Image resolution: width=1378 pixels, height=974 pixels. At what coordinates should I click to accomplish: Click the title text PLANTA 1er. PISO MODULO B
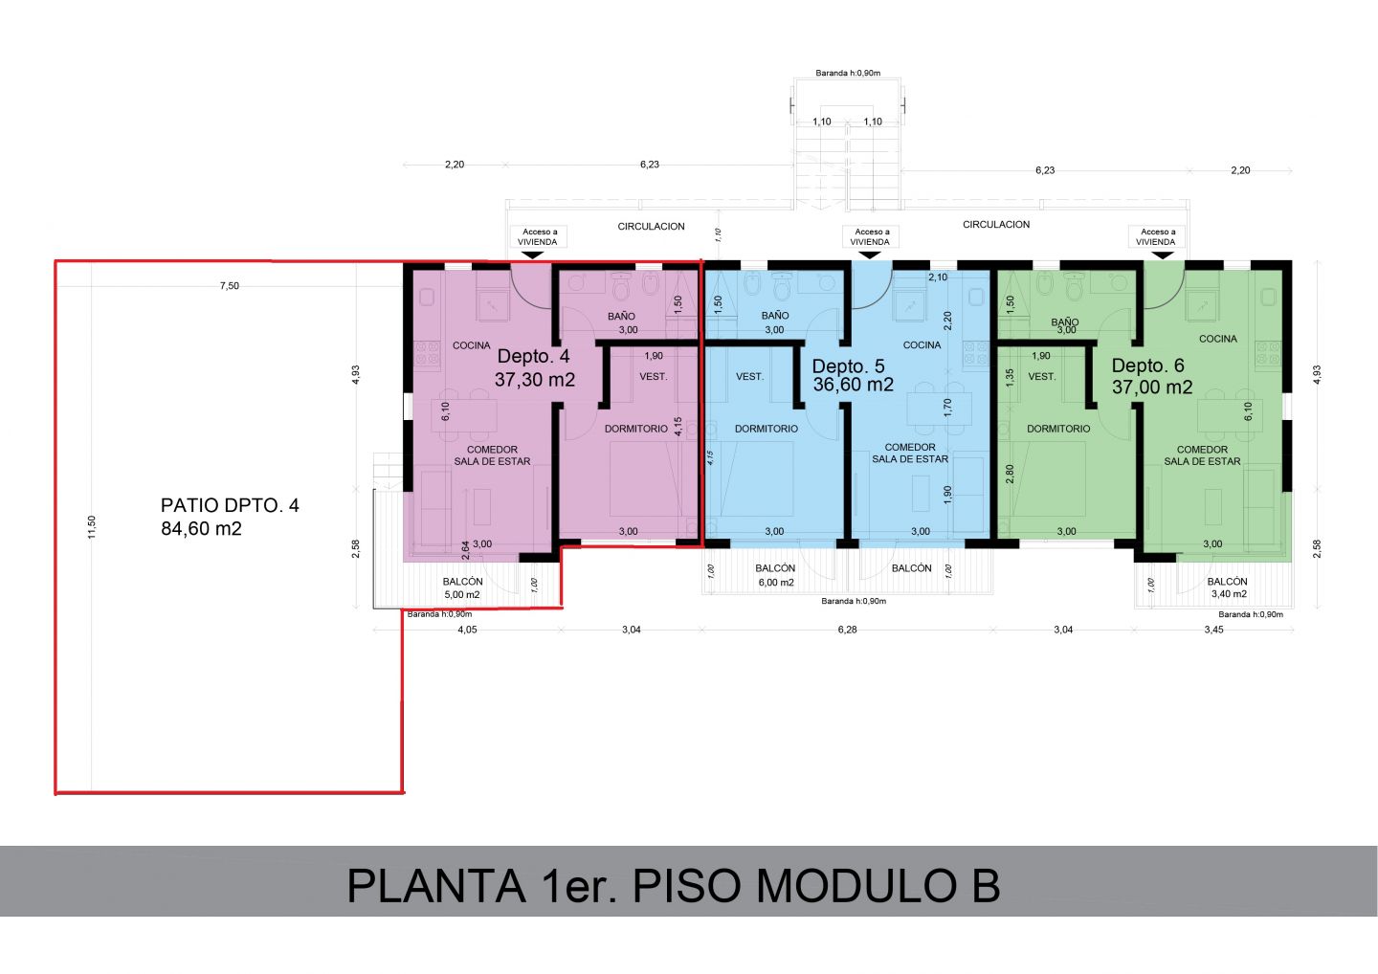[674, 886]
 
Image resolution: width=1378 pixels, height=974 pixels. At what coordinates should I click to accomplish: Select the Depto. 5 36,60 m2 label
[853, 375]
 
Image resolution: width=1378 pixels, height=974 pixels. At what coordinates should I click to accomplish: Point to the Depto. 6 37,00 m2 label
[1151, 376]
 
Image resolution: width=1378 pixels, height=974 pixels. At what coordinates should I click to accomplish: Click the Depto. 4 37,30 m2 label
[535, 367]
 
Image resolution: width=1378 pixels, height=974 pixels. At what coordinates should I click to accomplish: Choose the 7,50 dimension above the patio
[230, 286]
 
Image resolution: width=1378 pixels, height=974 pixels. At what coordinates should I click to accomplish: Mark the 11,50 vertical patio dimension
[92, 527]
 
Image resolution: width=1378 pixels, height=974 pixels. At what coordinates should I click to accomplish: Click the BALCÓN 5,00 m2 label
[462, 587]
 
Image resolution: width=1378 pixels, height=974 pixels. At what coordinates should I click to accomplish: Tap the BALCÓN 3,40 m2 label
[1228, 587]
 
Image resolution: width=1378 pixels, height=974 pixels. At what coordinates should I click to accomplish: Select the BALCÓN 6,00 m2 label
[776, 575]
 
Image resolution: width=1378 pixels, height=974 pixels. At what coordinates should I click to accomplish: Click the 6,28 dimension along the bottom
[847, 630]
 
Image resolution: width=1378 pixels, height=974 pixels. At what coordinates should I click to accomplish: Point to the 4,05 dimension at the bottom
[467, 630]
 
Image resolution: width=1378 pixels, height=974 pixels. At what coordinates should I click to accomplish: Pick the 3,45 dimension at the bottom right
[1213, 630]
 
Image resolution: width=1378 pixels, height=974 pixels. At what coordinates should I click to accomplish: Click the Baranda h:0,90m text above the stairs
[848, 73]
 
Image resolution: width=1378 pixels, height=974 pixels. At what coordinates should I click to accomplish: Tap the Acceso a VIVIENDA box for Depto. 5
[870, 236]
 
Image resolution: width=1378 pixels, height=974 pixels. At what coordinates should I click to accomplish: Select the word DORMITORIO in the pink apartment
[636, 429]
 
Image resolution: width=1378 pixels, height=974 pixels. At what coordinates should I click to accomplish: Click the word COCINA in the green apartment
[1218, 339]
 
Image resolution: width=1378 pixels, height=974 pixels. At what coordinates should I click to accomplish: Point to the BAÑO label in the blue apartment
[775, 316]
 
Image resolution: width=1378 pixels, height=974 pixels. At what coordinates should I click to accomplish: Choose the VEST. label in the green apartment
[1041, 376]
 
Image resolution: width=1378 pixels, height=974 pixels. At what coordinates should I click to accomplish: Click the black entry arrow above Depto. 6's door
[1162, 255]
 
